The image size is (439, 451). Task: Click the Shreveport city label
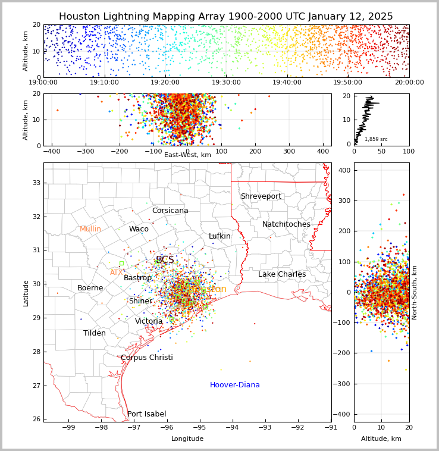click(x=261, y=196)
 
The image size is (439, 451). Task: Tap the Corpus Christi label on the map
click(x=146, y=358)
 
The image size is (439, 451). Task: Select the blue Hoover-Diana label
click(x=234, y=385)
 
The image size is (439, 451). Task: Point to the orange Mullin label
click(x=90, y=229)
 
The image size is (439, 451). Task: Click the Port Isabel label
click(x=146, y=414)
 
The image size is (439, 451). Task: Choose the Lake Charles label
click(x=282, y=274)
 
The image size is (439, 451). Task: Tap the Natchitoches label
click(x=286, y=224)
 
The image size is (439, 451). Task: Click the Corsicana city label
click(x=170, y=211)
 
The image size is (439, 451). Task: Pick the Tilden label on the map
click(x=95, y=333)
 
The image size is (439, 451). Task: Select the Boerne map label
click(x=90, y=288)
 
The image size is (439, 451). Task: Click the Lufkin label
click(x=219, y=236)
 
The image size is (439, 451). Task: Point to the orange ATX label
click(x=116, y=273)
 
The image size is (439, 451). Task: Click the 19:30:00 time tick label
click(x=226, y=83)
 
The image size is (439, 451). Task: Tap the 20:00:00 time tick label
click(x=409, y=83)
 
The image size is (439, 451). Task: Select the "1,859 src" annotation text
click(x=376, y=139)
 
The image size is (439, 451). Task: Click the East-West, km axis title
click(x=187, y=155)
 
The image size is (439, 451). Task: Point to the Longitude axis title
click(x=187, y=439)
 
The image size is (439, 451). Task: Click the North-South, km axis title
click(x=415, y=292)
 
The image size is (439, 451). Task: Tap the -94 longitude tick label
click(x=232, y=427)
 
